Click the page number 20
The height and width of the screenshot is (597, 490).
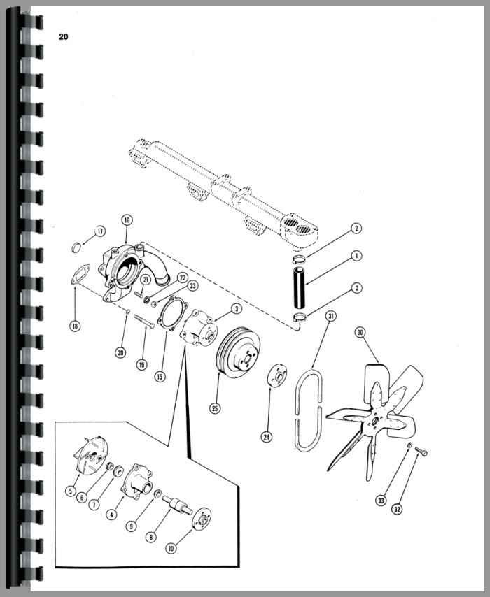[x=63, y=37]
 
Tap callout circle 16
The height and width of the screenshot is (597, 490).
[x=127, y=220]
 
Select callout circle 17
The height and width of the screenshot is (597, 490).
[x=100, y=231]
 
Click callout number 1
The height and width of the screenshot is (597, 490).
[x=356, y=256]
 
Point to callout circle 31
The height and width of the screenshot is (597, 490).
[x=331, y=316]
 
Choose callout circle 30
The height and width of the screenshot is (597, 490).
[x=360, y=332]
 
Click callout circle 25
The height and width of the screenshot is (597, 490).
[x=215, y=408]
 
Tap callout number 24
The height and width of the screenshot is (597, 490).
[x=267, y=437]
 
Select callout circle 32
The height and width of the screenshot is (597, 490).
[x=398, y=509]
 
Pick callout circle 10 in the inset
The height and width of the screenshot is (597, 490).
[x=171, y=548]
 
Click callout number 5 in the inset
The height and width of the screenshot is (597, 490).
[x=70, y=491]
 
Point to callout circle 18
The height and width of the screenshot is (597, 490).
[x=75, y=326]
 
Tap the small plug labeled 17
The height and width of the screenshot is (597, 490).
[x=77, y=247]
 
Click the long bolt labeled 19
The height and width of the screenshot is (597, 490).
[x=143, y=320]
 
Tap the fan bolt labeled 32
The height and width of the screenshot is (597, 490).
[x=421, y=452]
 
